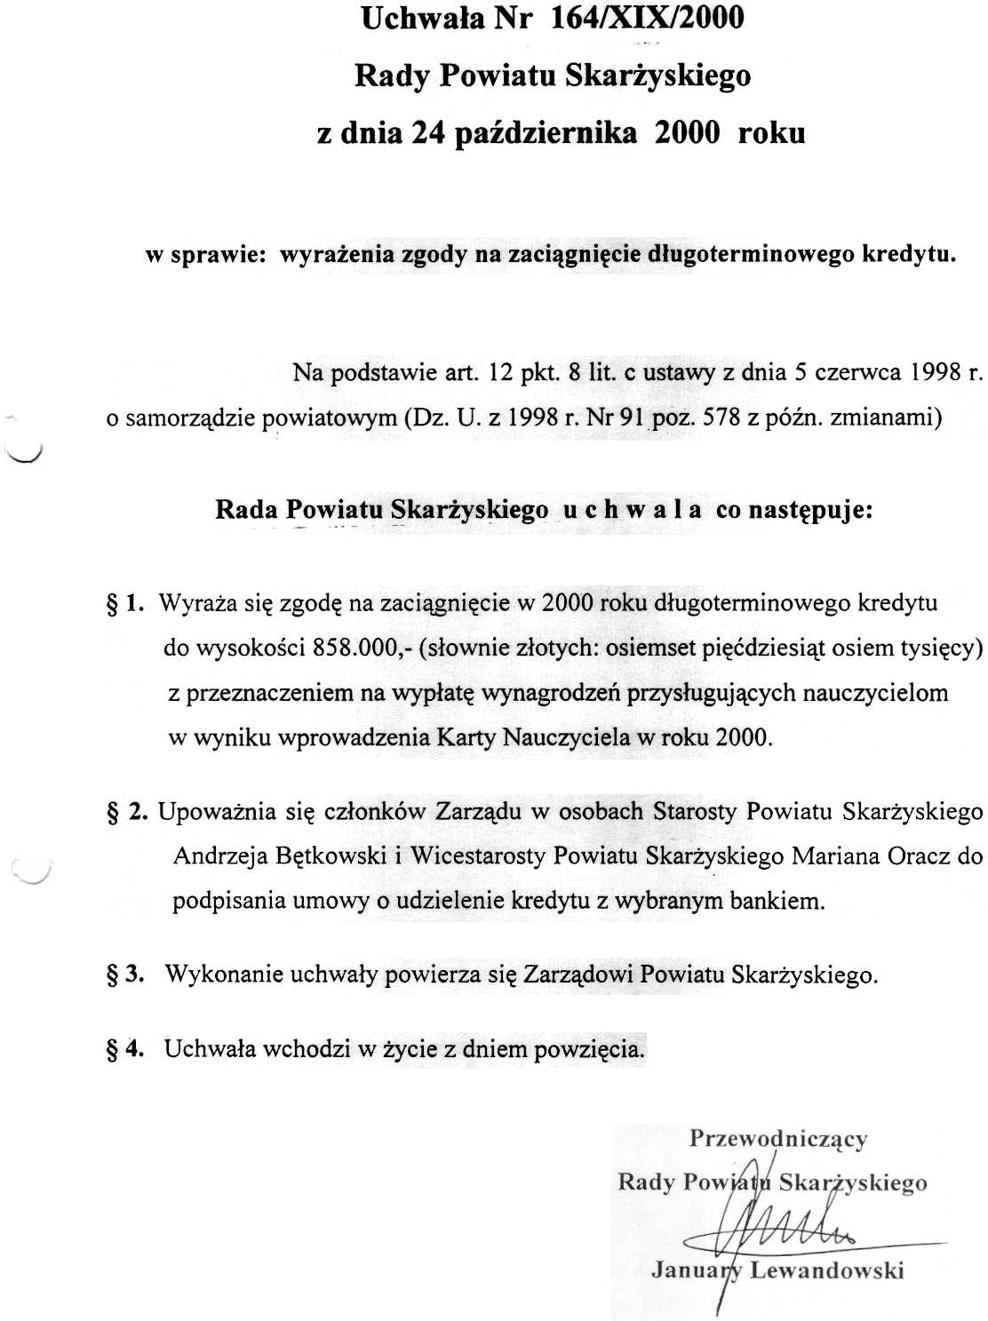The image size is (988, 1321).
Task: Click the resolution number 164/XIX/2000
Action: click(x=648, y=18)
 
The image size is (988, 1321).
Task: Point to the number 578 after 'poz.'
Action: click(x=721, y=417)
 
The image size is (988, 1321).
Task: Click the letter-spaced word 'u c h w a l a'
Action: click(x=632, y=511)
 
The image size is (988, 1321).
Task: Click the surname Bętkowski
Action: click(x=331, y=856)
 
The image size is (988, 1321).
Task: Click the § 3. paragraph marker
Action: click(x=125, y=975)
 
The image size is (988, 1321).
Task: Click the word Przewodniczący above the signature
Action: click(x=777, y=1140)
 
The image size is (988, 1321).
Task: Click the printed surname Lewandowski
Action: click(x=826, y=1270)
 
